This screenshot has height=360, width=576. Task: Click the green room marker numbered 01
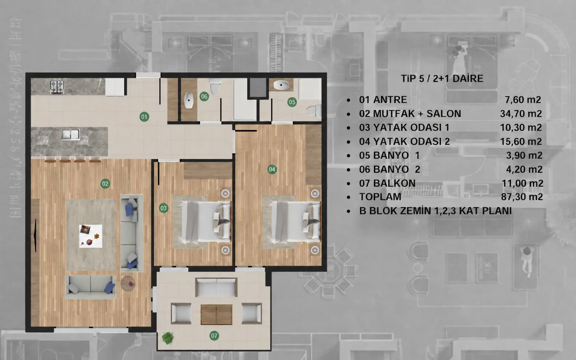[x=144, y=117]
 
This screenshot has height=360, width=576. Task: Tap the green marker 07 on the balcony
[x=214, y=336]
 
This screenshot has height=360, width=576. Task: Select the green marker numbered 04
[x=272, y=169]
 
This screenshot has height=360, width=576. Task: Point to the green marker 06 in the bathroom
[x=204, y=97]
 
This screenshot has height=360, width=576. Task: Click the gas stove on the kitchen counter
[x=57, y=86]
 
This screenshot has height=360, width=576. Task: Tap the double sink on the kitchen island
[x=70, y=134]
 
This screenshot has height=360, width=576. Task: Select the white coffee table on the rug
[x=90, y=236]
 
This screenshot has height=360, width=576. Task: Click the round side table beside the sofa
[x=128, y=283]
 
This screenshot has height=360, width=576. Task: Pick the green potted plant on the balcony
[x=168, y=338]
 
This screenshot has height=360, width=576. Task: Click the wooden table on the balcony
[x=216, y=315]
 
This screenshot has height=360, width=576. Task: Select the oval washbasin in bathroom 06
[x=189, y=100]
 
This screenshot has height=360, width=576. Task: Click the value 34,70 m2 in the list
[x=521, y=114]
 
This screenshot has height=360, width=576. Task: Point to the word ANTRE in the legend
[x=390, y=100]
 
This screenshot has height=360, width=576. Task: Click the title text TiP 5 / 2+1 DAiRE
[x=442, y=79]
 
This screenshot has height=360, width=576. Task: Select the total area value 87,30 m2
[x=522, y=197]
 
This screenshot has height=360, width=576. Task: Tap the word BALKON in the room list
[x=394, y=183]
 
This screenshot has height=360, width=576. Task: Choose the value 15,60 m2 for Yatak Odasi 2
[x=521, y=141]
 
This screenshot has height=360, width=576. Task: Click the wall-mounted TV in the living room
[x=35, y=236]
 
